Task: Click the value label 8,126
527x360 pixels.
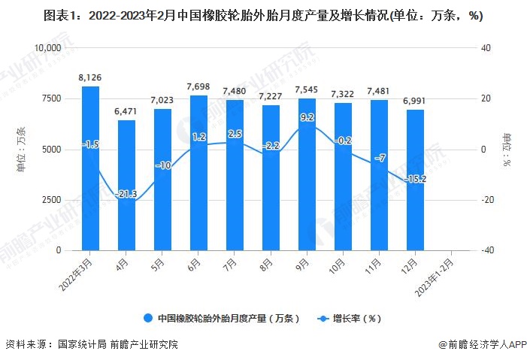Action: (x=90, y=77)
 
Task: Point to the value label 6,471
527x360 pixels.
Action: (x=126, y=111)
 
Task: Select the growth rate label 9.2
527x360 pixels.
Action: (x=307, y=117)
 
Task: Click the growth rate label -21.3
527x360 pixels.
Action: (x=126, y=195)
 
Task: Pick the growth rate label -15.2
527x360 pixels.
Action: (x=416, y=179)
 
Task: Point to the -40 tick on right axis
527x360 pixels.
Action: (x=486, y=251)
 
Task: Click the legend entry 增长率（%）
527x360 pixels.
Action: (x=354, y=318)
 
